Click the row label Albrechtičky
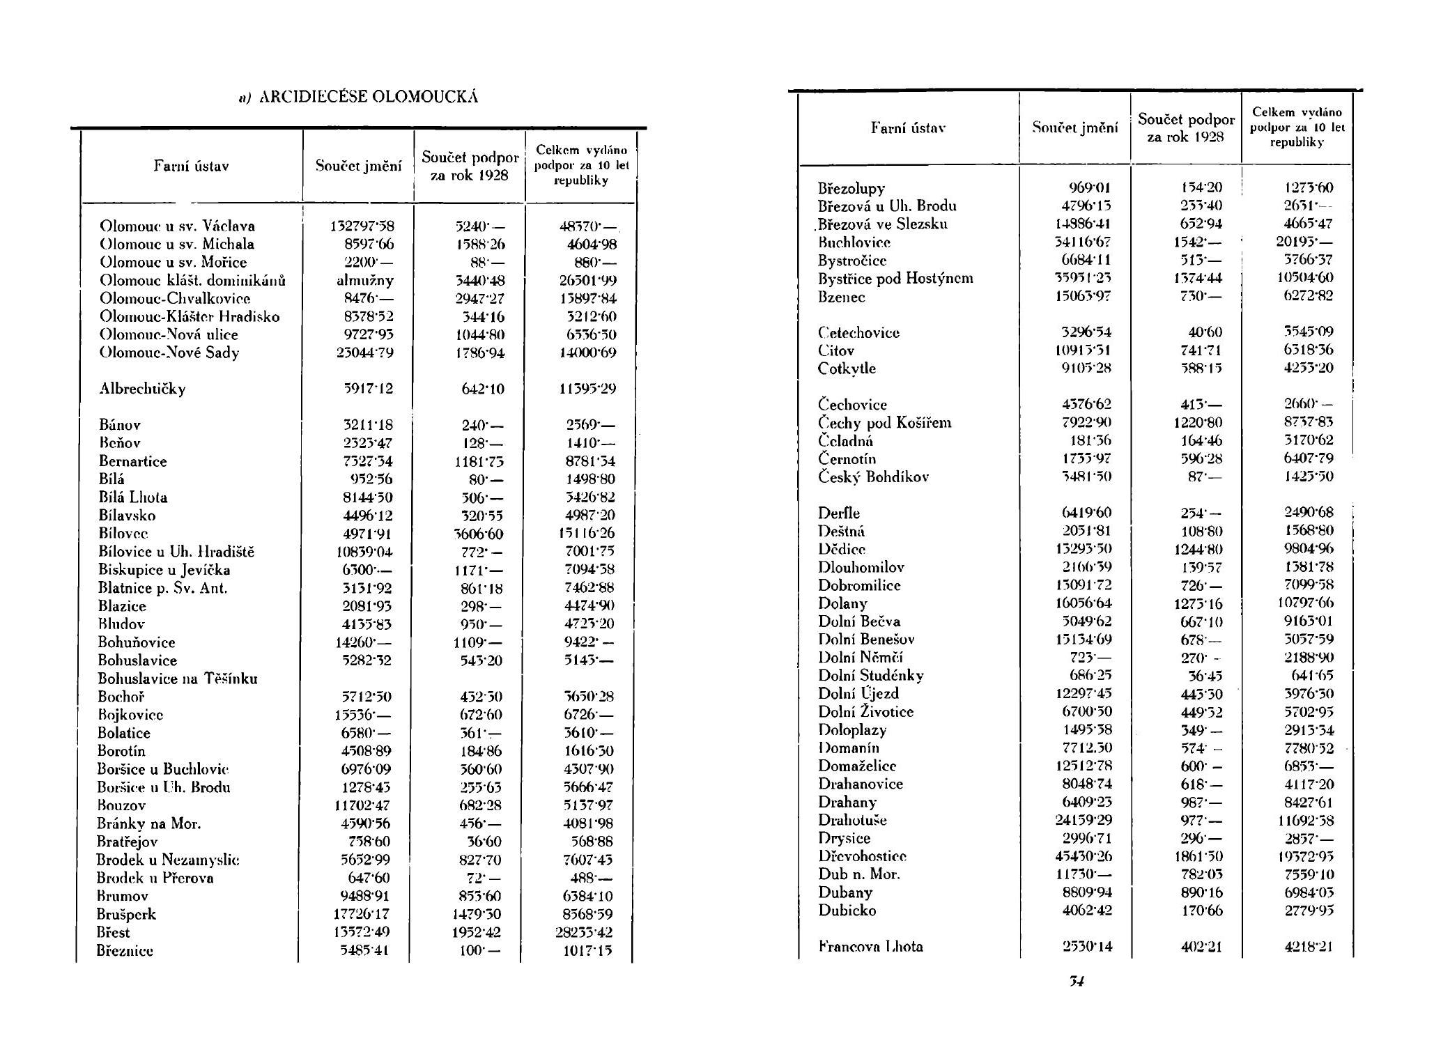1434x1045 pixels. [x=142, y=389]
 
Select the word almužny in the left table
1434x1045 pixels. [x=365, y=280]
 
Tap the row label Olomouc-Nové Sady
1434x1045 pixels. [x=169, y=353]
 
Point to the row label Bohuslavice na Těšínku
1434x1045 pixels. [x=178, y=679]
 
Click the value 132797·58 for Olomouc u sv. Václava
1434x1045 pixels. [x=362, y=226]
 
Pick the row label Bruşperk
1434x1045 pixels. [x=126, y=914]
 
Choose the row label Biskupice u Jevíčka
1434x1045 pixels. [x=164, y=570]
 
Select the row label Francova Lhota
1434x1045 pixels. [x=870, y=946]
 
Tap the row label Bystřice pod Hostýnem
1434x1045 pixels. [x=895, y=278]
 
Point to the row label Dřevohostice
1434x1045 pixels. [x=862, y=856]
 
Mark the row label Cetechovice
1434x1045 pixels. [x=858, y=332]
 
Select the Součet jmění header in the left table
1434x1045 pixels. [x=359, y=166]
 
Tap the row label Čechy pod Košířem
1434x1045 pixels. [x=884, y=423]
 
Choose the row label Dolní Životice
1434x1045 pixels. [x=865, y=711]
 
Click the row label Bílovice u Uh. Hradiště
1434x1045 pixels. [x=176, y=552]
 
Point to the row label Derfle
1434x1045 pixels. [x=839, y=513]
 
